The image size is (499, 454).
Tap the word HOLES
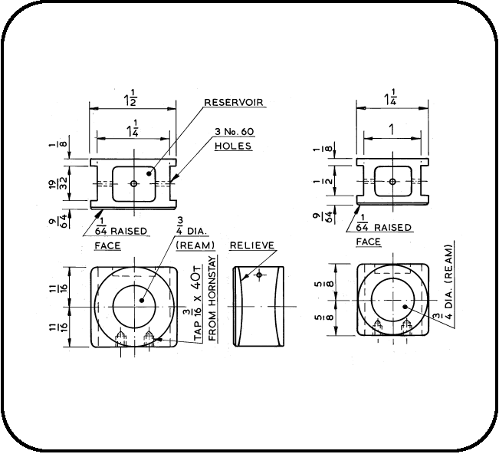[233, 146]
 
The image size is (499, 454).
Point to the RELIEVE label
[251, 245]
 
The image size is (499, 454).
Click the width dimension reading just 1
[392, 131]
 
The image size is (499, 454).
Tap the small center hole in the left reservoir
[133, 183]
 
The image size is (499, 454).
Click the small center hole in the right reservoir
[392, 182]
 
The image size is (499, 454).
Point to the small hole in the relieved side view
[260, 274]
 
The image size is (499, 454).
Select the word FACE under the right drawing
[368, 242]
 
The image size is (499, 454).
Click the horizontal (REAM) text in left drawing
[195, 245]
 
